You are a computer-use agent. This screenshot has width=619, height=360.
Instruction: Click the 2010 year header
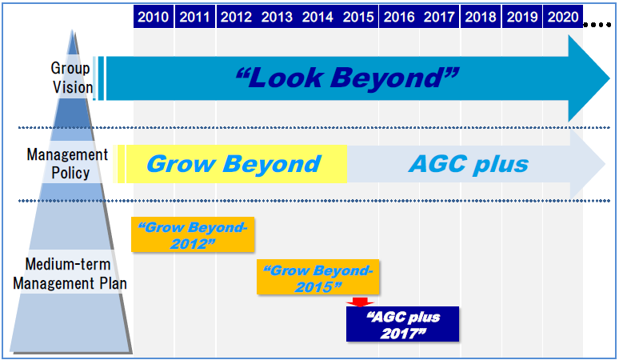tap(154, 17)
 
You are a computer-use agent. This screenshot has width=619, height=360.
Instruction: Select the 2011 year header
tap(194, 17)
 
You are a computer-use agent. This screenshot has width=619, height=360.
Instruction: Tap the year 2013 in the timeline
tap(277, 17)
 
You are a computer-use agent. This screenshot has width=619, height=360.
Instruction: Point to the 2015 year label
tap(358, 17)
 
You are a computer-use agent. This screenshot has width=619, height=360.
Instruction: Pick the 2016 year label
tap(399, 17)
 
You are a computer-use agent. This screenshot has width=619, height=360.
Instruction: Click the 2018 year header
tap(481, 17)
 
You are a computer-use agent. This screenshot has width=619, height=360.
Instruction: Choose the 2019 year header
tap(522, 17)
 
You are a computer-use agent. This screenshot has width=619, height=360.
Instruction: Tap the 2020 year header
tap(563, 17)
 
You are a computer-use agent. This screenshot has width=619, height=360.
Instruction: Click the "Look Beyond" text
tap(347, 78)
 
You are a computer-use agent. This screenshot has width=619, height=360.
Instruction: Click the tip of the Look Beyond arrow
tap(610, 78)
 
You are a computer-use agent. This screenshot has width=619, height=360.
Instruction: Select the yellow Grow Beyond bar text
tap(234, 164)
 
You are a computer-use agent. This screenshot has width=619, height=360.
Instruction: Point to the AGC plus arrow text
tap(469, 164)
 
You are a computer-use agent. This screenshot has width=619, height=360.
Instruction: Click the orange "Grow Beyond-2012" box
tap(193, 234)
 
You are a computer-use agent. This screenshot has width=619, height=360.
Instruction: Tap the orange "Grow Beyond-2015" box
tap(317, 277)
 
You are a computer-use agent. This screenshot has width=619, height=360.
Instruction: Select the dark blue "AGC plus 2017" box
tap(402, 324)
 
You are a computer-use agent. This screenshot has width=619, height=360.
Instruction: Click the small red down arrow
tap(360, 302)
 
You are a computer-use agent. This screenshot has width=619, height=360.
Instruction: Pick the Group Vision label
tap(71, 78)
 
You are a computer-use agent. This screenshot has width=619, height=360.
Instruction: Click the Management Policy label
tap(67, 164)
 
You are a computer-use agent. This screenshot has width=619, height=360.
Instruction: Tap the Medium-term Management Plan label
tap(70, 274)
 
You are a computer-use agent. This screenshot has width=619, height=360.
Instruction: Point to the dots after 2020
tap(597, 25)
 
